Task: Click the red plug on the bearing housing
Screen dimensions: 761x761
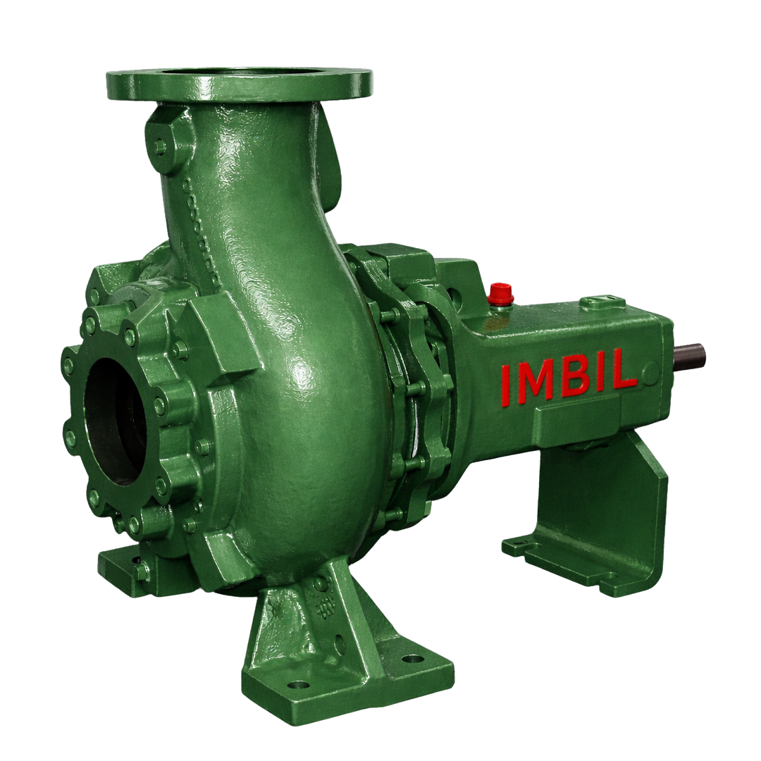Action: coord(500,294)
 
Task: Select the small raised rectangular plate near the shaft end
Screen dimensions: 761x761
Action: coord(602,303)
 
